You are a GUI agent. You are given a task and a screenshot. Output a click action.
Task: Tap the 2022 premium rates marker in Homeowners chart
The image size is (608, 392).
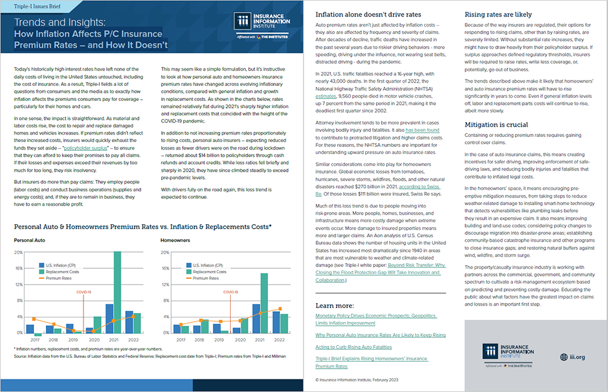click(280, 309)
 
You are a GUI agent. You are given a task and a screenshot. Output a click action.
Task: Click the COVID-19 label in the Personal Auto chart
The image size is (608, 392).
click(83, 292)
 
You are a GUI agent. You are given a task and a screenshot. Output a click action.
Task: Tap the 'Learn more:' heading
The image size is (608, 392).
click(334, 306)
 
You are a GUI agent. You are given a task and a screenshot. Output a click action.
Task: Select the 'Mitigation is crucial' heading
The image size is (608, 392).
click(497, 125)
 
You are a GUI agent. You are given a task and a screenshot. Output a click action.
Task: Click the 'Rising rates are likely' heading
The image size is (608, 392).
click(498, 14)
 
